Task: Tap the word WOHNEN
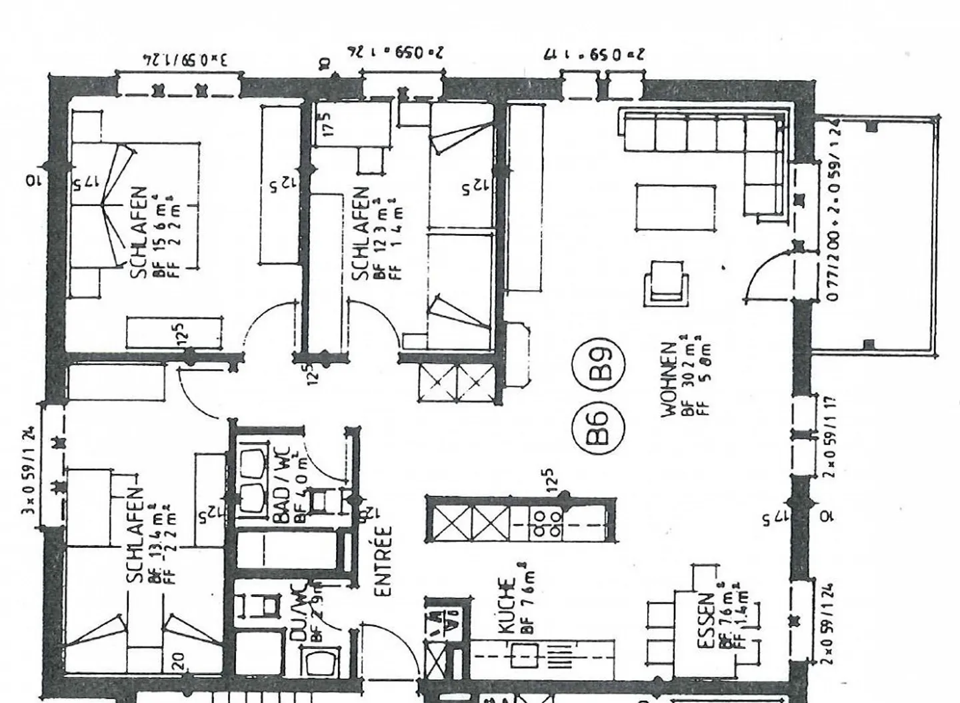(x=669, y=380)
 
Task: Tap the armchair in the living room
(x=666, y=283)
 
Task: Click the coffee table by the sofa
(x=675, y=207)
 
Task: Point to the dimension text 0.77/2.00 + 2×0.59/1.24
(x=833, y=210)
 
